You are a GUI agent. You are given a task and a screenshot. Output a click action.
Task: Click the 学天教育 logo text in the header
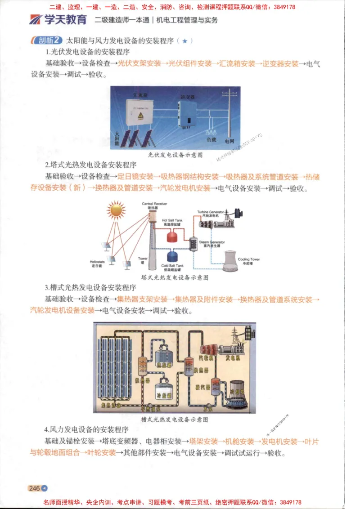click(65, 20)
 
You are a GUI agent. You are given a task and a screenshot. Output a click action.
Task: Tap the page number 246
click(34, 488)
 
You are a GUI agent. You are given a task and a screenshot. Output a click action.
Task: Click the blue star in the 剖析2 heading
click(185, 41)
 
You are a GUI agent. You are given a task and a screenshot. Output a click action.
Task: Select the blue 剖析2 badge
click(46, 40)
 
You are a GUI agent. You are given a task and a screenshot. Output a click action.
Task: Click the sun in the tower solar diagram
click(116, 210)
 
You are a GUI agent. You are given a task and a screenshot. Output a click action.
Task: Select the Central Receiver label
click(154, 205)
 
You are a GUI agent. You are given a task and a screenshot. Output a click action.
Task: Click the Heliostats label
click(97, 263)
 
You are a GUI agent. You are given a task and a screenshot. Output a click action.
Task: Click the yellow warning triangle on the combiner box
click(141, 116)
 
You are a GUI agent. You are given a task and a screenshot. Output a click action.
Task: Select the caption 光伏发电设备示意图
click(175, 155)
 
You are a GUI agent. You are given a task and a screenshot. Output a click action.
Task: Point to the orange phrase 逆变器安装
click(280, 64)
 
